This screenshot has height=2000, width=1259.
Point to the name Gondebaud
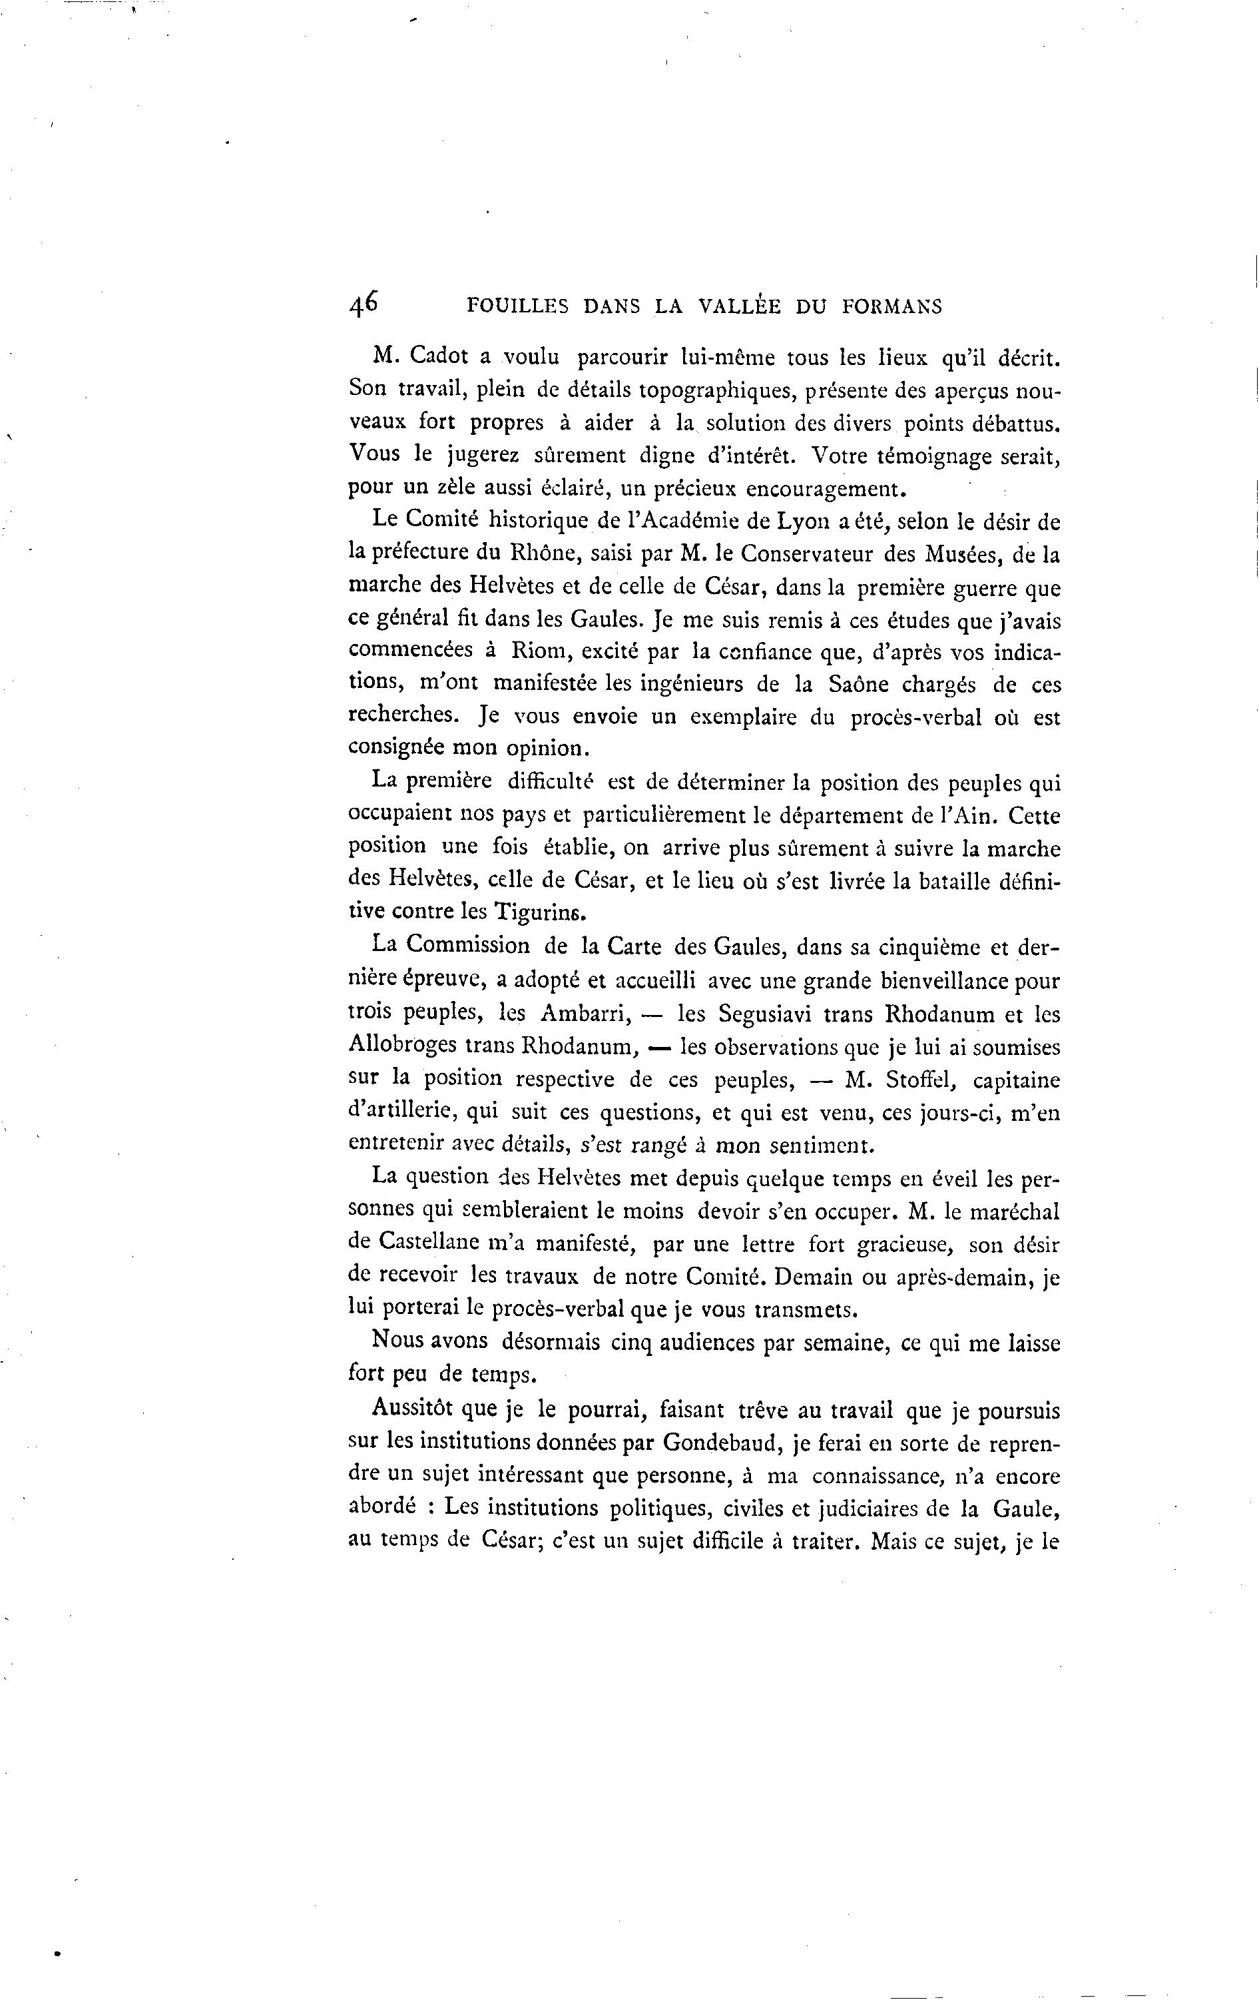click(723, 1442)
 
